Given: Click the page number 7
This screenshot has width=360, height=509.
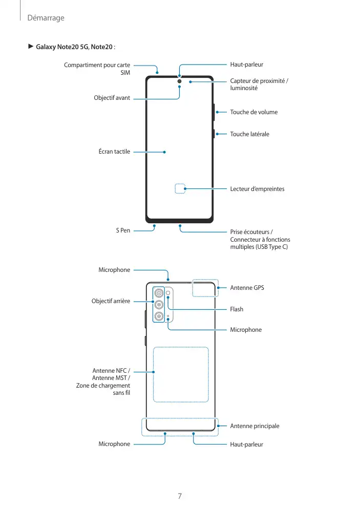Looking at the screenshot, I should pos(180,496).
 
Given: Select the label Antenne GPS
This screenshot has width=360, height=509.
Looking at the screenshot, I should pos(247,288).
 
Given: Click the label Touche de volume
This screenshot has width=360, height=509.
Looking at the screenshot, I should pos(253,112).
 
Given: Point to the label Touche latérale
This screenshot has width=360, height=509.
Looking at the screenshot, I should pos(249,134).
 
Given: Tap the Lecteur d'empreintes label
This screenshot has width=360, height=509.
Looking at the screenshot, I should pos(257,189).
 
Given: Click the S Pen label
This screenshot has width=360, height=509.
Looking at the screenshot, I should pos(123,231).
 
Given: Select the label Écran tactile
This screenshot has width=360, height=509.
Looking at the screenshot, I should pos(114,152).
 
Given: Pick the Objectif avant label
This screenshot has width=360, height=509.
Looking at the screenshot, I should pos(112,97).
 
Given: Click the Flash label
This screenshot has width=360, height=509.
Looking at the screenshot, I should pos(237,309).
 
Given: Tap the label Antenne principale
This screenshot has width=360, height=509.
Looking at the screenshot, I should pos(255,426).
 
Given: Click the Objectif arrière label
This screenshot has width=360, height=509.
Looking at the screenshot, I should pos(111,301).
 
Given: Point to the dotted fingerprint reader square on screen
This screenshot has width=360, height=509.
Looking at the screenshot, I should pos(180,188).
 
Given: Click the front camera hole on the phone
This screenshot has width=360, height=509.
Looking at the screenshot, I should pos(180,80).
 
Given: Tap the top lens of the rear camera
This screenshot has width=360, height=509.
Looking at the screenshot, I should pos(160,293).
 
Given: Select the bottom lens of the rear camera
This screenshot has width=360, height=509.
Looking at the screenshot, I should pos(160,316).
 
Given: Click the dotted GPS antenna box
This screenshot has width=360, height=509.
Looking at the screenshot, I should pos(205,288).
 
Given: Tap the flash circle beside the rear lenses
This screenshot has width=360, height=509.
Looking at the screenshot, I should pos(168,293).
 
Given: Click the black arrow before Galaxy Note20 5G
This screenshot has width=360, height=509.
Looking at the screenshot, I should pos(30,47).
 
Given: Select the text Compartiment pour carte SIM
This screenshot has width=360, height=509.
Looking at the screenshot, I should pos(97,69).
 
